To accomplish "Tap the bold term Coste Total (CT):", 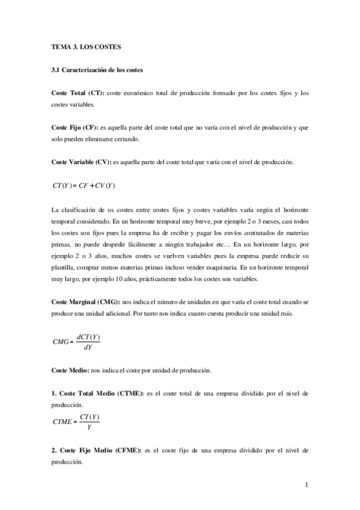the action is (x=78, y=93).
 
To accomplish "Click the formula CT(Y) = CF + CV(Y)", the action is (x=84, y=185).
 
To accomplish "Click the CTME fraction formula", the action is (x=77, y=422).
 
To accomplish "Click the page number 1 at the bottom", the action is (x=307, y=485).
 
